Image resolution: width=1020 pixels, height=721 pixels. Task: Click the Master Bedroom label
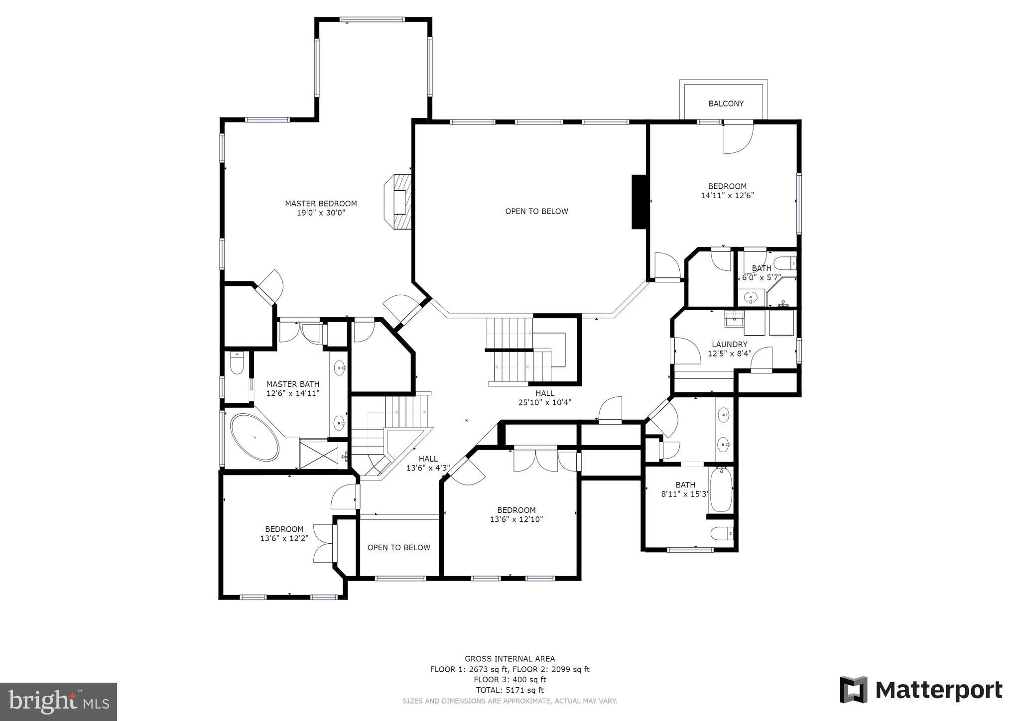pyautogui.click(x=321, y=204)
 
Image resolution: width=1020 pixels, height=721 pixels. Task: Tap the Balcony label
pyautogui.click(x=726, y=104)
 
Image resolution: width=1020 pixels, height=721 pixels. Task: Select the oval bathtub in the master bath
pyautogui.click(x=255, y=437)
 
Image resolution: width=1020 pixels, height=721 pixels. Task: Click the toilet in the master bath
pyautogui.click(x=237, y=363)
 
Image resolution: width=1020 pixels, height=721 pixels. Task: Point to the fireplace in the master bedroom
pyautogui.click(x=399, y=201)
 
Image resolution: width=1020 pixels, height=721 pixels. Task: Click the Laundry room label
pyautogui.click(x=729, y=345)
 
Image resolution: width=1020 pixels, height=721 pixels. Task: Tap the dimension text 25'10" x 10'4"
pyautogui.click(x=544, y=402)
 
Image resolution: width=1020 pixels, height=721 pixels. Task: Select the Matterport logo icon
pyautogui.click(x=854, y=690)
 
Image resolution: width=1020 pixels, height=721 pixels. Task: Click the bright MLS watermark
pyautogui.click(x=59, y=702)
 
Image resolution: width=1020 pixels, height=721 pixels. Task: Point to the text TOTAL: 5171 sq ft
pyautogui.click(x=510, y=690)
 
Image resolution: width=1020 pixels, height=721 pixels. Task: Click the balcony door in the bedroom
pyautogui.click(x=739, y=138)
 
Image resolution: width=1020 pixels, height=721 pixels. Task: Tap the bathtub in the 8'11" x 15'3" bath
pyautogui.click(x=720, y=490)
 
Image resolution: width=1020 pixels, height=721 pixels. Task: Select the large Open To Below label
pyautogui.click(x=536, y=211)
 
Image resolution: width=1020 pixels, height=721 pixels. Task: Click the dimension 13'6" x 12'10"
pyautogui.click(x=516, y=519)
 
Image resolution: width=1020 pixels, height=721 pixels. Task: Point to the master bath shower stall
pyautogui.click(x=319, y=454)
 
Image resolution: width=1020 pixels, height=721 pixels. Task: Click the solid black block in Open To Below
pyautogui.click(x=638, y=202)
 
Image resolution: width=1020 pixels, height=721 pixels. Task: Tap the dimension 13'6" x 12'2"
pyautogui.click(x=284, y=538)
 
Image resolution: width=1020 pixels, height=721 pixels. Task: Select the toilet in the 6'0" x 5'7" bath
pyautogui.click(x=785, y=263)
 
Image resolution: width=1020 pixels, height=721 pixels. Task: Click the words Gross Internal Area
pyautogui.click(x=510, y=659)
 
